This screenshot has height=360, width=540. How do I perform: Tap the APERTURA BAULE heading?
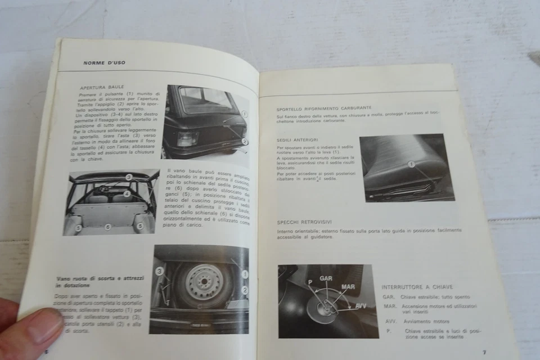pyautogui.click(x=99, y=88)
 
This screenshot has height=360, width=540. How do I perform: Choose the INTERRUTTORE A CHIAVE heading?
pyautogui.click(x=417, y=286)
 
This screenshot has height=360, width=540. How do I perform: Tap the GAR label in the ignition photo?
pyautogui.click(x=326, y=278)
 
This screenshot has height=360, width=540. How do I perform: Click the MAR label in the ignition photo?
pyautogui.click(x=348, y=287)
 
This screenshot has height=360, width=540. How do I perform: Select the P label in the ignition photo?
pyautogui.click(x=309, y=282)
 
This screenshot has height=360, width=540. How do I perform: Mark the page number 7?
pyautogui.click(x=484, y=352)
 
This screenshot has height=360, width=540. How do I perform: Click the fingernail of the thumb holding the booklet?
pyautogui.click(x=45, y=326)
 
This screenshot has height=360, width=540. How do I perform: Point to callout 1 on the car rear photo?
pyautogui.click(x=244, y=114)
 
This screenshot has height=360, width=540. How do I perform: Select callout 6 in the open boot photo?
pyautogui.click(x=108, y=227)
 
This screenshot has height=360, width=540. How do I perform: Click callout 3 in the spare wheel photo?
pyautogui.click(x=159, y=271)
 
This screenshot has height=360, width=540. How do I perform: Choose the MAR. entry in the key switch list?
pyautogui.click(x=390, y=306)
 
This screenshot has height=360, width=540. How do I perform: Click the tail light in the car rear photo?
pyautogui.click(x=186, y=138)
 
